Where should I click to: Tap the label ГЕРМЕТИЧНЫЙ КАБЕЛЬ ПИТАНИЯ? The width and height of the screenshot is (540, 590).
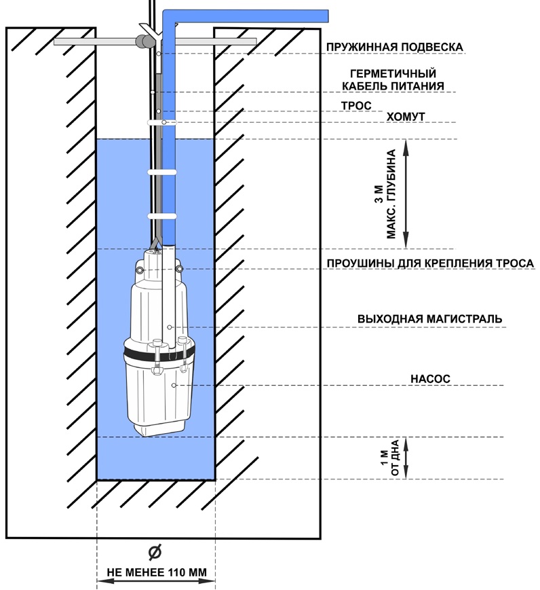(393, 79)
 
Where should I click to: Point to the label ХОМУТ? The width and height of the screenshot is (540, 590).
(406, 117)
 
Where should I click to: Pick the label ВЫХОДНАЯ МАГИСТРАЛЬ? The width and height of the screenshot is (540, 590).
(429, 318)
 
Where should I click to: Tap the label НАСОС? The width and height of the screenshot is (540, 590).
(430, 377)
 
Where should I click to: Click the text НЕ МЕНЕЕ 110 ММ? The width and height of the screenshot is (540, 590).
(157, 572)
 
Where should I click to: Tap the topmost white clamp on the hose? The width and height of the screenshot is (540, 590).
(162, 122)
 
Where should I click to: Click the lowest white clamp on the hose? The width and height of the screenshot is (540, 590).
(162, 216)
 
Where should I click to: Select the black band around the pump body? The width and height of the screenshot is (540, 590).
(157, 356)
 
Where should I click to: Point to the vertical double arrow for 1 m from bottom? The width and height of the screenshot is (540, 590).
(406, 458)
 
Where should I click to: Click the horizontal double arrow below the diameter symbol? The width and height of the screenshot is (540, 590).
(156, 582)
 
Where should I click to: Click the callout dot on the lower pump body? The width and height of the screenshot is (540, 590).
(174, 386)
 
